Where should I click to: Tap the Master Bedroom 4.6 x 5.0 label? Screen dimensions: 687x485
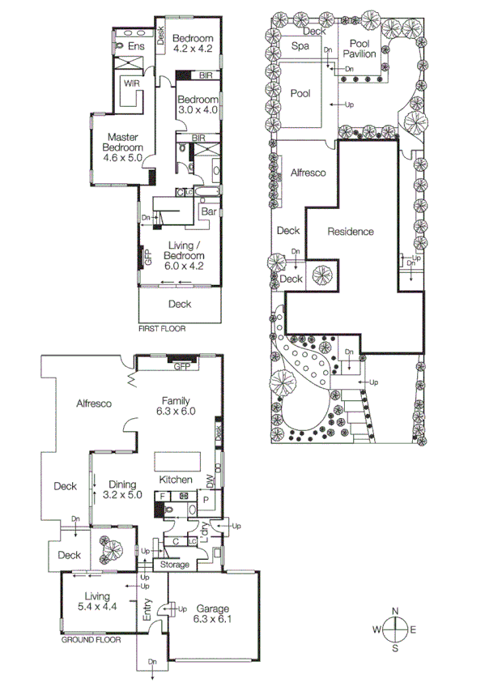pyautogui.click(x=122, y=147)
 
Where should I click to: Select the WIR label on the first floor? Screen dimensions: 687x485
pyautogui.click(x=129, y=83)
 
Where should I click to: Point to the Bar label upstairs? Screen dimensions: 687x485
pyautogui.click(x=208, y=211)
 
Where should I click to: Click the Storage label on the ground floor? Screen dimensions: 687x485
pyautogui.click(x=174, y=565)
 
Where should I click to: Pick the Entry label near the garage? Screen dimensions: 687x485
pyautogui.click(x=147, y=610)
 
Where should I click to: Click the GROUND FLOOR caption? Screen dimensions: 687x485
pyautogui.click(x=91, y=639)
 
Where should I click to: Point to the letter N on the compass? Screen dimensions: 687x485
pyautogui.click(x=394, y=610)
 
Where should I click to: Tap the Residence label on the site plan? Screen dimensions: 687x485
pyautogui.click(x=351, y=232)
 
